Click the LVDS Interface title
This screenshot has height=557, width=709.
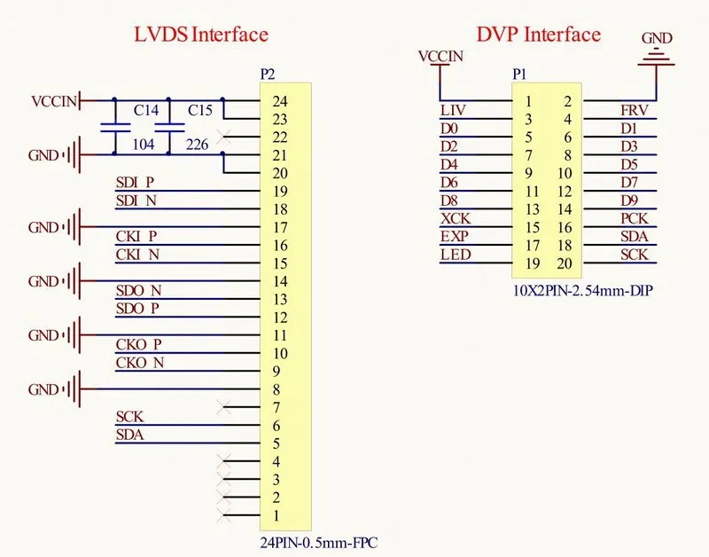coord(200,35)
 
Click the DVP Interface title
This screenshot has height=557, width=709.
coord(538,35)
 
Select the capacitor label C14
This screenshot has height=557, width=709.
coord(146,110)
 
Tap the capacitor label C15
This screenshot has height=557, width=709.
coord(200,110)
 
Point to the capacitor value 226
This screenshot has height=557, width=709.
coord(199,145)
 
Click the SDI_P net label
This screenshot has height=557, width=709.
coord(136,183)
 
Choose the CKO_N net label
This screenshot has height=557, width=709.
coord(139,362)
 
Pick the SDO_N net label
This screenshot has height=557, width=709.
coord(138,290)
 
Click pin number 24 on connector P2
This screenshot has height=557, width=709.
coord(280,101)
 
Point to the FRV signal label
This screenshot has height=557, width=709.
coord(635,110)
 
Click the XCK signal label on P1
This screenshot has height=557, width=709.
coord(456,218)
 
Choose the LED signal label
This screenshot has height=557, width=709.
coord(456,255)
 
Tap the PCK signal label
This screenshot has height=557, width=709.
coord(635,218)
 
